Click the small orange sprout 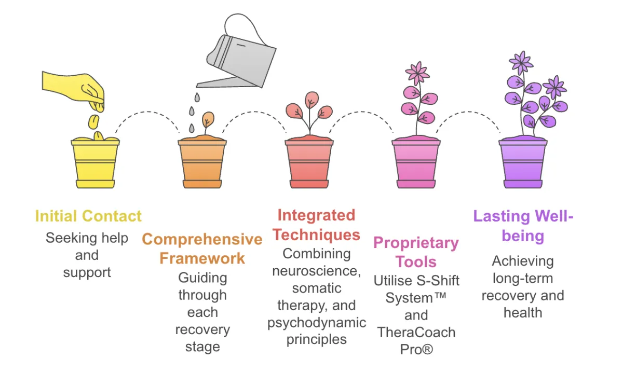207,121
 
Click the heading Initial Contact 88,216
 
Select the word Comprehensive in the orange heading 202,239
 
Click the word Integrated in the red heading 316,215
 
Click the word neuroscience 317,270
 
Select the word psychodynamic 317,322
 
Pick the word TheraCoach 416,332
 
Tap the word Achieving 523,261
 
